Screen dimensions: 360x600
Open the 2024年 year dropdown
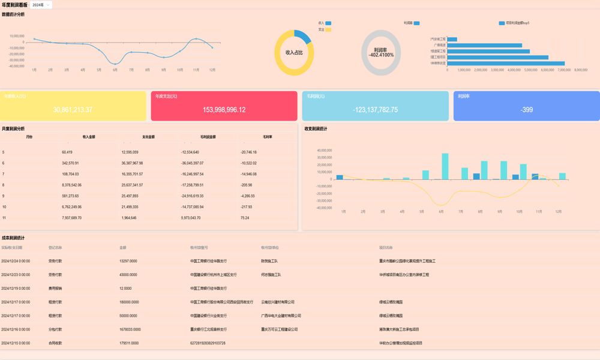pos(41,5)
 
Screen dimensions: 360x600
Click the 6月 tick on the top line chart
pos(115,70)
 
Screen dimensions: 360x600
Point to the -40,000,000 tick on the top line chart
pos(17,66)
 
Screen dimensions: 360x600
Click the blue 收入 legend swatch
pos(328,23)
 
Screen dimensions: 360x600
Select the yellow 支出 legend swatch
pos(328,29)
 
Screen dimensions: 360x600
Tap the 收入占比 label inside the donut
pos(294,53)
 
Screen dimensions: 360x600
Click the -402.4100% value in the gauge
pos(381,55)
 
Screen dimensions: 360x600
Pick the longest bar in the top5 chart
pos(506,63)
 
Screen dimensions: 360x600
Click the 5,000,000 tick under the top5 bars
pos(531,70)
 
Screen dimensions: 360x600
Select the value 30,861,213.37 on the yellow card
pos(73,110)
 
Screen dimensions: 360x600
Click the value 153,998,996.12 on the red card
pos(224,110)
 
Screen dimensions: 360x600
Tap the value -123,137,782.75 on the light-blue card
pos(375,110)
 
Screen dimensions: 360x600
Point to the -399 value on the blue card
pos(526,110)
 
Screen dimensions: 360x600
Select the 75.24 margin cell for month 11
pos(245,218)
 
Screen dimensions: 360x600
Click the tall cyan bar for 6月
pos(445,166)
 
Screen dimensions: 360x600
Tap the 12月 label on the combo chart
pos(559,212)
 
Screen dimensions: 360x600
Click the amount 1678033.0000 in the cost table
pos(130,329)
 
